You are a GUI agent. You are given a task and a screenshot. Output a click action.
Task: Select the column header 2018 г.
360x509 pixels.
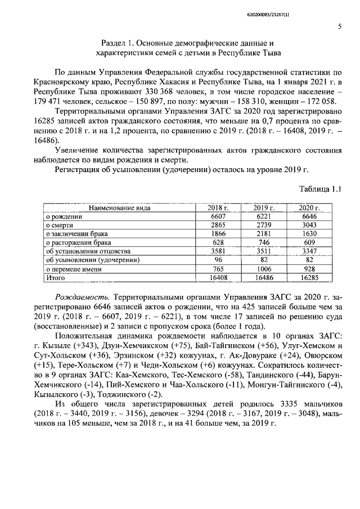point(218,208)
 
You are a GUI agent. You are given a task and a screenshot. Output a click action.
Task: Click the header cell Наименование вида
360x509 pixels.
point(119,208)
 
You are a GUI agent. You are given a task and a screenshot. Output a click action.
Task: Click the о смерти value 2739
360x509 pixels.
point(263,225)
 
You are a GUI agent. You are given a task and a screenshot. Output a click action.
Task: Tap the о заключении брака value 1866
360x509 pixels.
point(218,234)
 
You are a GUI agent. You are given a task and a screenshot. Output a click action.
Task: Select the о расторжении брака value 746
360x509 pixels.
point(263,242)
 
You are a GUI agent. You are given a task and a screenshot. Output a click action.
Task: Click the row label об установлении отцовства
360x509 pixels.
point(88,251)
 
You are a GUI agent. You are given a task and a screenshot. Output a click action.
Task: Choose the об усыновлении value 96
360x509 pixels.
point(218,260)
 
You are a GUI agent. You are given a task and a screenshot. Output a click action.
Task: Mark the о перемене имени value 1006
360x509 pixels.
point(263,269)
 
